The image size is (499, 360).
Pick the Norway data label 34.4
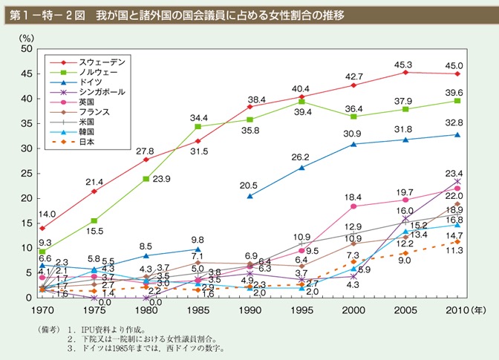(198, 117)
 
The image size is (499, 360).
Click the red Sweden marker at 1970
(42, 229)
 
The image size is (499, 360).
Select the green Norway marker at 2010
(457, 101)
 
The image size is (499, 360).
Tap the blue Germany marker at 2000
(353, 144)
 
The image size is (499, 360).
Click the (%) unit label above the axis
(27, 36)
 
